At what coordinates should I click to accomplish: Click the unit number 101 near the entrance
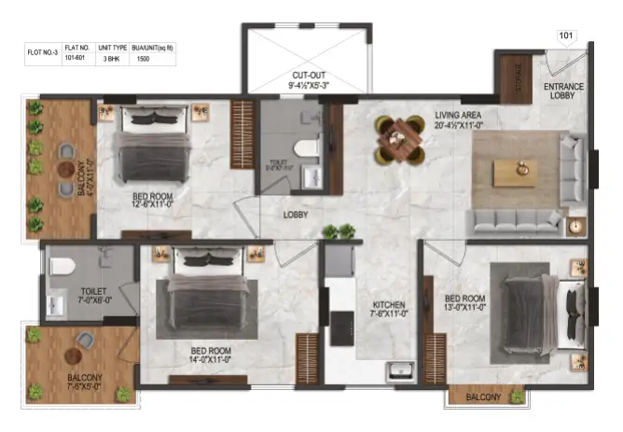tap(566, 37)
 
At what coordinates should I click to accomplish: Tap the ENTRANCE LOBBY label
tap(563, 91)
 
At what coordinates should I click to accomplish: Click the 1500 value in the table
tap(142, 59)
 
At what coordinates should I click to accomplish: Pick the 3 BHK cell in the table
tap(110, 59)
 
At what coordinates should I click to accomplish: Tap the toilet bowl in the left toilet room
tap(62, 266)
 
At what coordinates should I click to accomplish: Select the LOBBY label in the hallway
tap(297, 215)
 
